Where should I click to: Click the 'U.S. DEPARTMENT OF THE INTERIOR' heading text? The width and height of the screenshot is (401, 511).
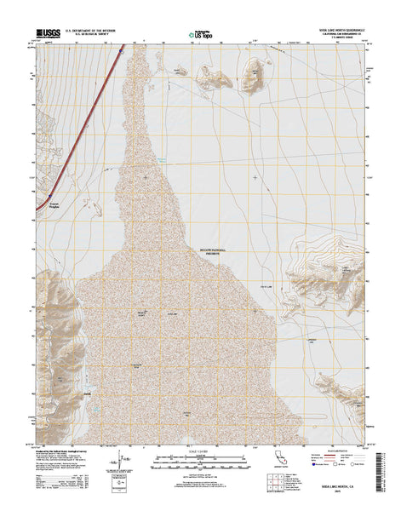tap(93, 30)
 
